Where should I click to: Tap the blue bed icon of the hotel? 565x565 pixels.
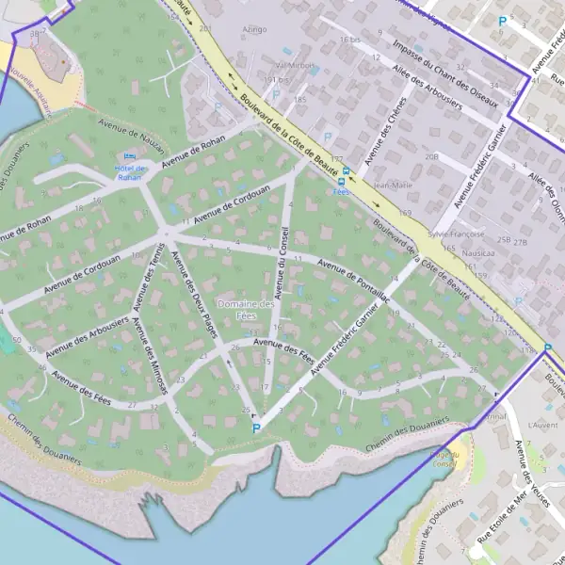click(130, 155)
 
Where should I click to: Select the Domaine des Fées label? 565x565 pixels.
click(246, 310)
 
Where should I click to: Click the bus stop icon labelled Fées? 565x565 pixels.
click(345, 172)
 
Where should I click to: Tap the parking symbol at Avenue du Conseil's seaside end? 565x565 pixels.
click(256, 428)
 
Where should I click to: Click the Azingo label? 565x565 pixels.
click(254, 29)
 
